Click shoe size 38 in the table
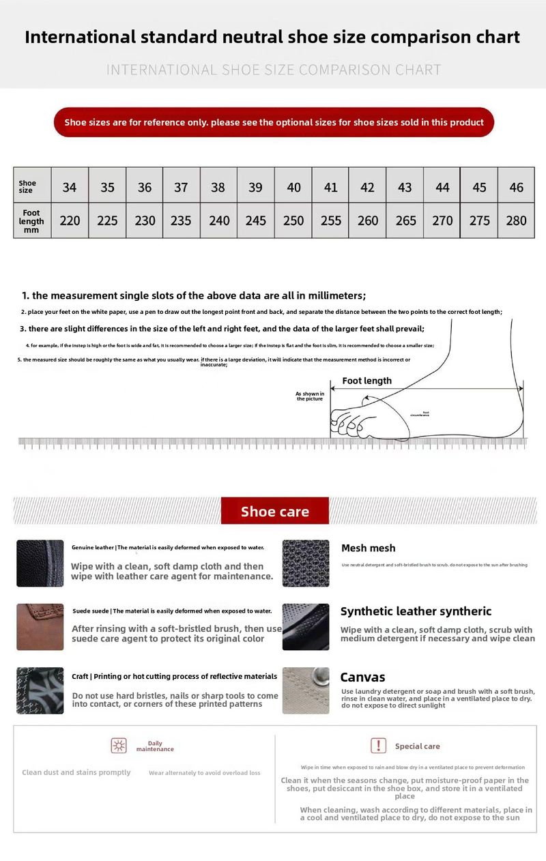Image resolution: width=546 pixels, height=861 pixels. [218, 187]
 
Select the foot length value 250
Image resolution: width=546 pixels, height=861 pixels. [293, 220]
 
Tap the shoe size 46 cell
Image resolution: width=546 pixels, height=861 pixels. [517, 187]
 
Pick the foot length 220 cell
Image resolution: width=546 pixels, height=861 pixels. [70, 220]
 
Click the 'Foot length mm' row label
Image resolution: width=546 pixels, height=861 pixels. [31, 221]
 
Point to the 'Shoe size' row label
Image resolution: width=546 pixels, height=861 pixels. [27, 186]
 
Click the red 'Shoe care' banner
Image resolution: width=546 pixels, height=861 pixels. [275, 511]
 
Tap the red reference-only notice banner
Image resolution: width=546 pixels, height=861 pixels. [274, 122]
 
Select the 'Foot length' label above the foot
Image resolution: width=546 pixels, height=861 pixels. [367, 381]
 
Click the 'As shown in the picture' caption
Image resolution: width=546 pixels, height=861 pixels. [309, 396]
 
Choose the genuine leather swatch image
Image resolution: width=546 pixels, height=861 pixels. [40, 563]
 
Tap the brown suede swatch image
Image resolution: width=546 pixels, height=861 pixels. [40, 626]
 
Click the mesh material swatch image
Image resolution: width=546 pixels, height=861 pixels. [306, 563]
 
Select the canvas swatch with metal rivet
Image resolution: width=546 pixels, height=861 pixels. [306, 690]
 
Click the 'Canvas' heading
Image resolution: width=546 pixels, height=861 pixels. [362, 677]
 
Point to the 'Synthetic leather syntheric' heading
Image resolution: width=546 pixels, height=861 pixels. [416, 611]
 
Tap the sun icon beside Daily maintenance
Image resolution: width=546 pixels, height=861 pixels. [119, 746]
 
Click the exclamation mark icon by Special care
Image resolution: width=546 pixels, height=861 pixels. [378, 746]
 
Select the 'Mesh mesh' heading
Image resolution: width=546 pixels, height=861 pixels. [368, 548]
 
